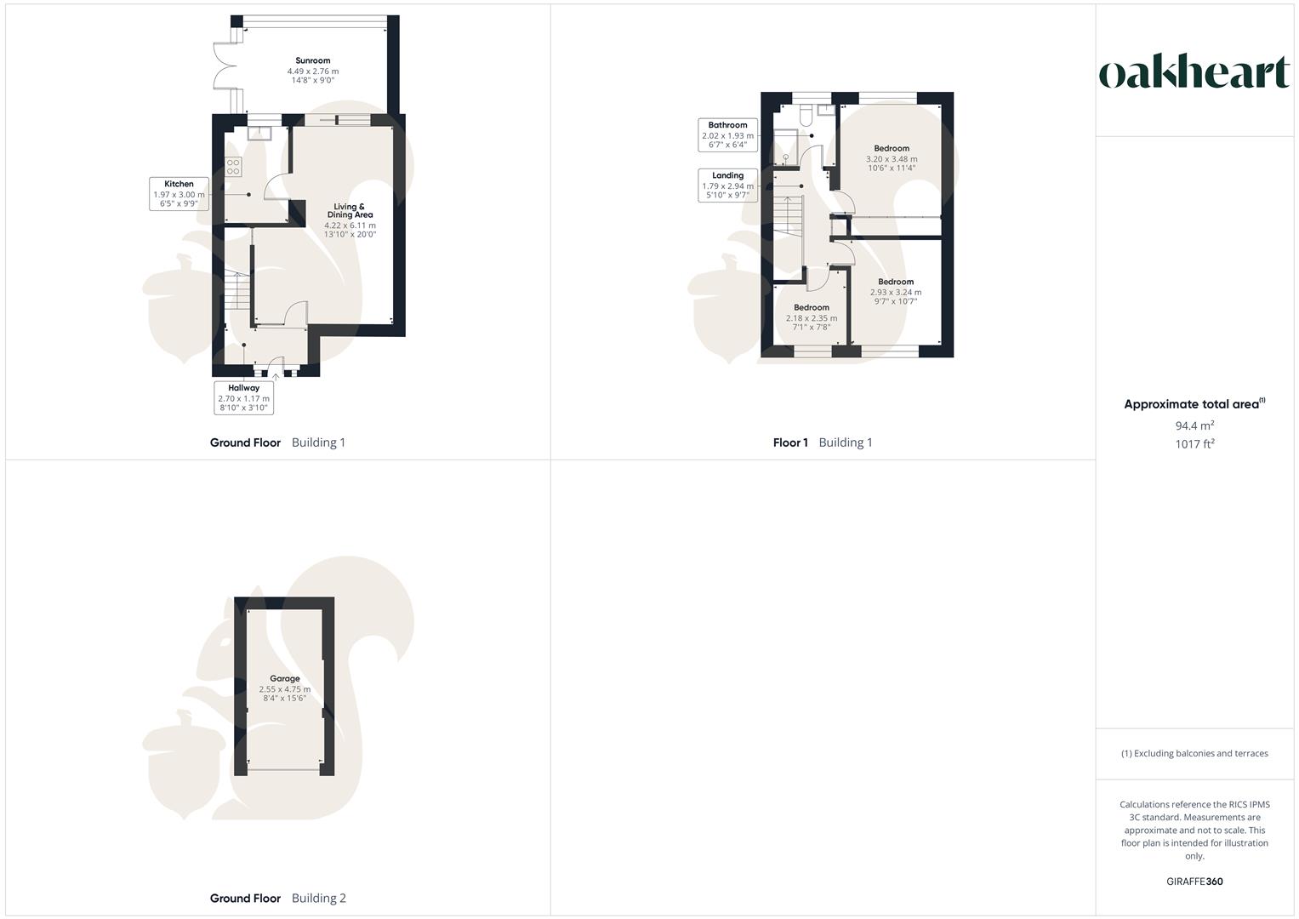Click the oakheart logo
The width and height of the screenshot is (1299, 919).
(x=1194, y=72)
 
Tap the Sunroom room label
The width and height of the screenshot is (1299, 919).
(x=313, y=60)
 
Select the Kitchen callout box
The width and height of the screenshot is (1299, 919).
(x=179, y=194)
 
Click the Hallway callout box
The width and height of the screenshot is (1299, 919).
(x=243, y=397)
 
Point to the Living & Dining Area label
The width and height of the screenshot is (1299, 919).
(x=350, y=210)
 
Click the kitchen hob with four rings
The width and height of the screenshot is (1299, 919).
(x=233, y=167)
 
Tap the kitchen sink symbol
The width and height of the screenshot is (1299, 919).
(x=259, y=132)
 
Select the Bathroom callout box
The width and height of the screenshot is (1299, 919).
(x=727, y=134)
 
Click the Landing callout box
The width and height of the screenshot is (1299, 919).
(x=727, y=186)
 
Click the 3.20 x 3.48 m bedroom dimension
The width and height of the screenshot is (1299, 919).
(x=892, y=159)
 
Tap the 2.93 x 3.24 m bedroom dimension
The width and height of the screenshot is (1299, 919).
(x=896, y=292)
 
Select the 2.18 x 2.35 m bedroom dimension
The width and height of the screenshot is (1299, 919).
(x=812, y=318)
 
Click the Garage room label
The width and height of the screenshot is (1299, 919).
(x=284, y=679)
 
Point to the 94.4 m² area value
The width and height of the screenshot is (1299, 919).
(x=1194, y=425)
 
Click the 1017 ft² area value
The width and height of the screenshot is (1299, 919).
(x=1194, y=444)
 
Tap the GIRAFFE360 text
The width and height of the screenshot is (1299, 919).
(x=1194, y=882)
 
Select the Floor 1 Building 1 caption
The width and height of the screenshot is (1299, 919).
(x=823, y=442)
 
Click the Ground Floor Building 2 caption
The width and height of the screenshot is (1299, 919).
(x=278, y=898)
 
